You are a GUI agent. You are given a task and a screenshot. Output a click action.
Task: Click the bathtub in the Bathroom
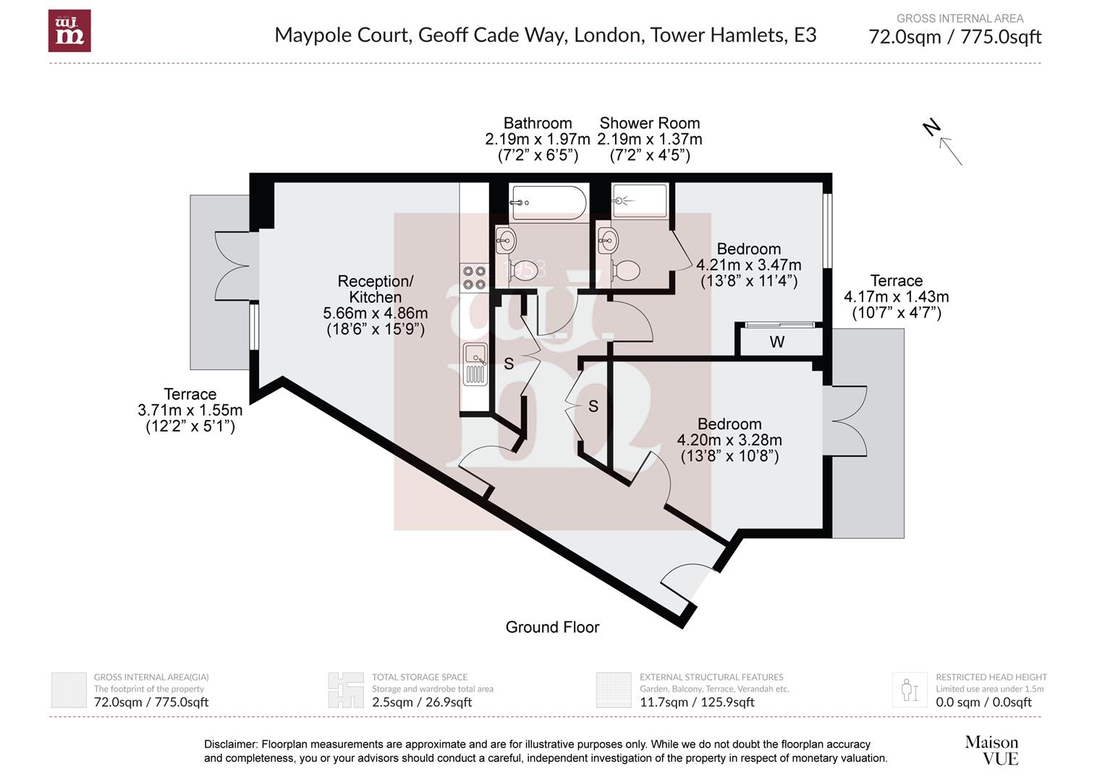point(548,203)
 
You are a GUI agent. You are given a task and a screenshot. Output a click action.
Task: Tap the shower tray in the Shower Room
point(639,201)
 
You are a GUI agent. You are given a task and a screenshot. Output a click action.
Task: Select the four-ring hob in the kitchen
point(474,277)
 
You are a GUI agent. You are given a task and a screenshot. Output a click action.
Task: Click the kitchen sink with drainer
point(475,364)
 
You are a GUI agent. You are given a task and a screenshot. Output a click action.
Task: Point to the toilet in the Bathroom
point(526,271)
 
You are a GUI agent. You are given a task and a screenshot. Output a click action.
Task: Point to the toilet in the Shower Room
point(625,271)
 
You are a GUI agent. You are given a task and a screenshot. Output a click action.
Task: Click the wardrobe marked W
point(777,342)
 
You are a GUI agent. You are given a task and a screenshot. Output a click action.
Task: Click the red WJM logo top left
point(69,31)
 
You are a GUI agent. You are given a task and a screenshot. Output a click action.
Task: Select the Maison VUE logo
point(991,750)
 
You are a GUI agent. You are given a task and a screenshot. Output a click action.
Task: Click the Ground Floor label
point(552,627)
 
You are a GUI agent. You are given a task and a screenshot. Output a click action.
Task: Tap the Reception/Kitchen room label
point(375,289)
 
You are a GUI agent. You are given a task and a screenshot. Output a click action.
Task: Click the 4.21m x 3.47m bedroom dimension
point(748,265)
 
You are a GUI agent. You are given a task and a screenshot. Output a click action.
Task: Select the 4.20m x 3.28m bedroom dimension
point(729,440)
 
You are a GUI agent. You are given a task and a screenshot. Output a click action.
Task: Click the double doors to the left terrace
point(235,265)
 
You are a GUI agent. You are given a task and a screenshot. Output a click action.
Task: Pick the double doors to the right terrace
point(848,421)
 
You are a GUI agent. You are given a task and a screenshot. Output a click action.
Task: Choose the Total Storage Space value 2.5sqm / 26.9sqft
point(422,702)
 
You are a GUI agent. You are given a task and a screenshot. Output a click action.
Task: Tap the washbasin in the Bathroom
point(505,238)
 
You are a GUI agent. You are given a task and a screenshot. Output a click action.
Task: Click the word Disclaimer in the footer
point(230,744)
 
